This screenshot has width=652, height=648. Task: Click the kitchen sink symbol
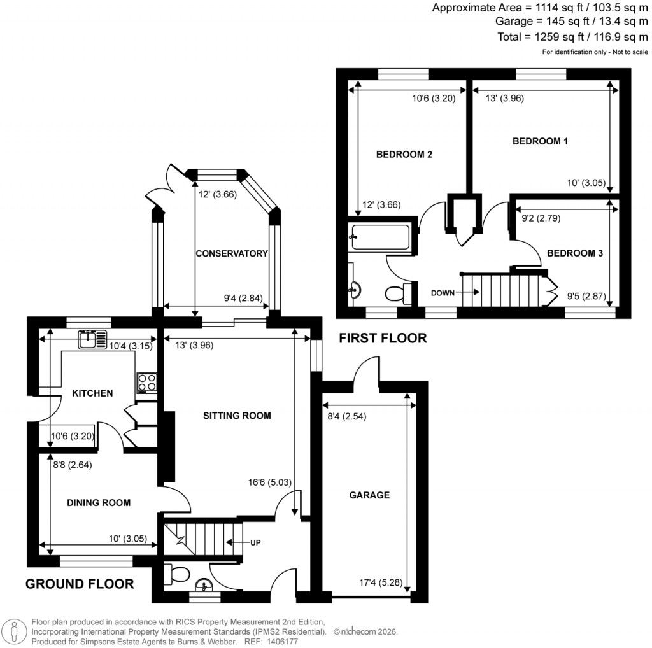pos(93,340)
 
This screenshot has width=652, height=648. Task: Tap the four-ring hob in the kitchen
pos(146,381)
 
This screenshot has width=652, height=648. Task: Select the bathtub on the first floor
pos(380,237)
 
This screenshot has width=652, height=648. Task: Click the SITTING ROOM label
pos(237,416)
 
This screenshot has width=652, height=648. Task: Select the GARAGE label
pos(369,495)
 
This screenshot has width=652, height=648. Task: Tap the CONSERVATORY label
pos(231,253)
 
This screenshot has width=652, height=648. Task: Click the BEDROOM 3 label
pos(575,253)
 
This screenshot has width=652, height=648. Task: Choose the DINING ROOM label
pos(99,502)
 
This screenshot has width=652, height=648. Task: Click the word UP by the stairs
pos(255,543)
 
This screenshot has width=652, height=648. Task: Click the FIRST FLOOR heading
pos(383,338)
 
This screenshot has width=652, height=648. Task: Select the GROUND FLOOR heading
pos(80,584)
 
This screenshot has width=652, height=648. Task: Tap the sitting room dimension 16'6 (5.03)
pos(270,482)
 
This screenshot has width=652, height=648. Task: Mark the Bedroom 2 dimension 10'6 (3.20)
pos(434,99)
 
